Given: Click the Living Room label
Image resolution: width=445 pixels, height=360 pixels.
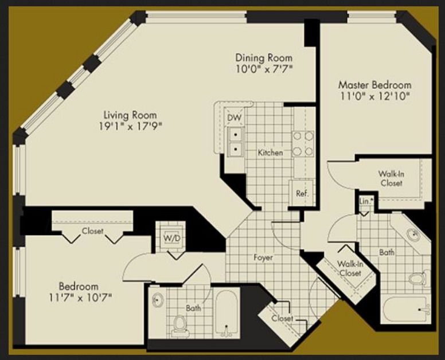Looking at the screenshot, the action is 130,115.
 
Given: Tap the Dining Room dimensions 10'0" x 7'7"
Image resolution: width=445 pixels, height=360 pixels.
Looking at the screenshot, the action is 264,69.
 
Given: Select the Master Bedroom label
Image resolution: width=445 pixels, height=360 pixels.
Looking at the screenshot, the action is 375,84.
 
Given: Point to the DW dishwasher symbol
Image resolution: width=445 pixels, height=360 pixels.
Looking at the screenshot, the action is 235,118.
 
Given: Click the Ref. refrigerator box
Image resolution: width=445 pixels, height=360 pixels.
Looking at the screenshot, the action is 302,193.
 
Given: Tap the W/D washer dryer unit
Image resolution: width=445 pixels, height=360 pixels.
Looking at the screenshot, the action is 172,238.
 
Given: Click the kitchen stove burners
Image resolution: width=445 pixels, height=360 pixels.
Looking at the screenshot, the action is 303,143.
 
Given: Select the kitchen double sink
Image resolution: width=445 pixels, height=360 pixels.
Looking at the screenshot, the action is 235,141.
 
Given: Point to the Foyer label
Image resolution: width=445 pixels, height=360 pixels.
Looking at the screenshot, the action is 263,257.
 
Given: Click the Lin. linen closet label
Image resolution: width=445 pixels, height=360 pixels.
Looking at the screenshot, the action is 365,201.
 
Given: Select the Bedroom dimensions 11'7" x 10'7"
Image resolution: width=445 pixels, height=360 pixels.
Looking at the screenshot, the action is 80,298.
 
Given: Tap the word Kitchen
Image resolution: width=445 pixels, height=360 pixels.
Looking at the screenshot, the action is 270,152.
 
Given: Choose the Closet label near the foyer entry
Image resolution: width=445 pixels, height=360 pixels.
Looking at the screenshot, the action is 282,318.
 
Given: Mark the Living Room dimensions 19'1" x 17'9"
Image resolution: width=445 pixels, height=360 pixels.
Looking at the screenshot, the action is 130,126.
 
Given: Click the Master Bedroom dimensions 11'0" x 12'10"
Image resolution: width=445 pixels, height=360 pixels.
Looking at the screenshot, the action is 375,96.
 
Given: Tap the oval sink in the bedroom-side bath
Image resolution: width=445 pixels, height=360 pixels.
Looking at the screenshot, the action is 157,300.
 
